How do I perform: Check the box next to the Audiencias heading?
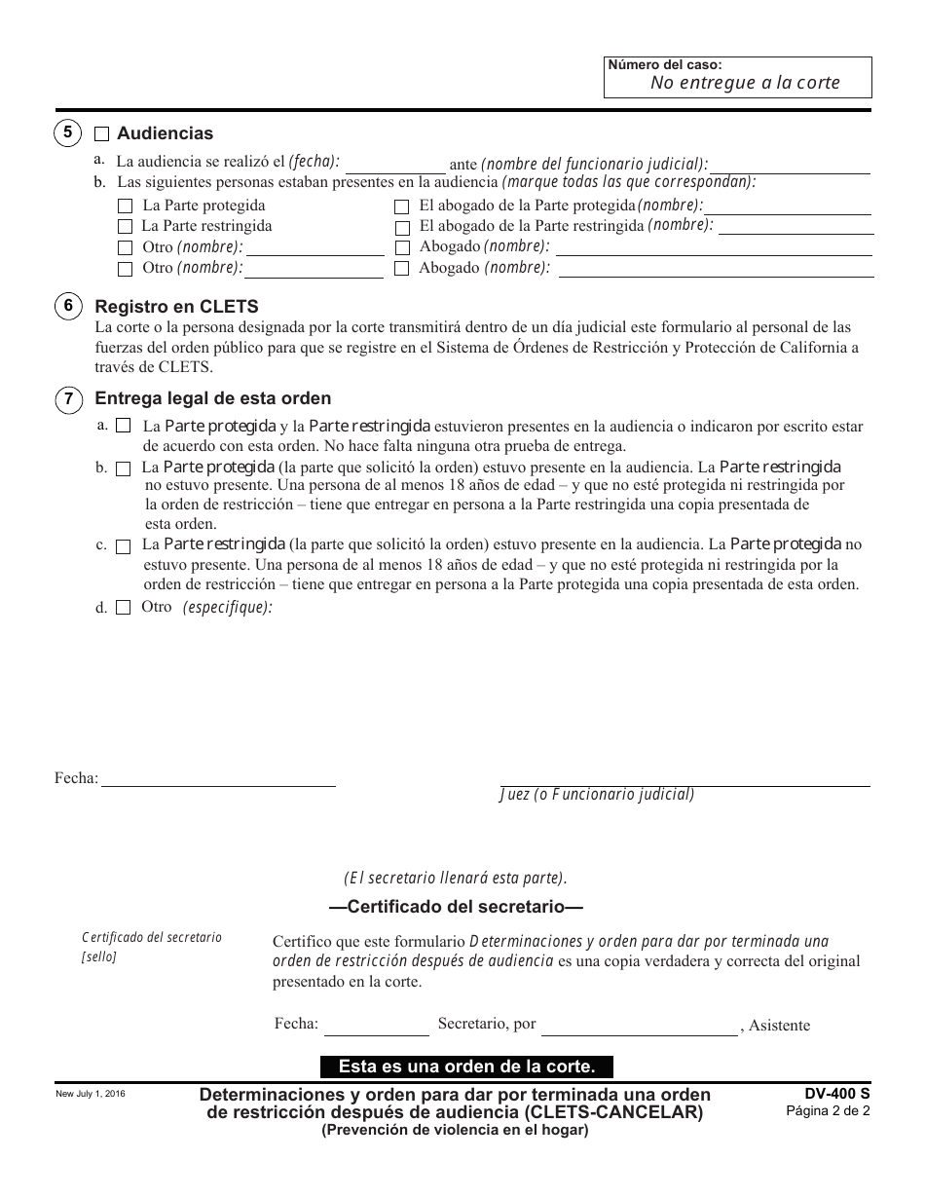coord(101,134)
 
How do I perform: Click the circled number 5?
coord(67,132)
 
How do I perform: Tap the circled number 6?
coord(67,306)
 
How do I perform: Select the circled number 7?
coord(67,398)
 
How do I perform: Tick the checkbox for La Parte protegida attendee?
coord(125,206)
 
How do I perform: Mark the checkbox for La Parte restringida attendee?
coord(125,226)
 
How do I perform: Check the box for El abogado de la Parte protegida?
coord(401,206)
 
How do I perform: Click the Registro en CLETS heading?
coord(175,306)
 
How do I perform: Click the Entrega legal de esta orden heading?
coord(212,398)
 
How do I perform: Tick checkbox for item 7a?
coord(123,426)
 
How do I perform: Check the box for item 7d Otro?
coord(123,608)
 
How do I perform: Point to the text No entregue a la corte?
coord(745,83)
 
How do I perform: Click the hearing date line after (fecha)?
coord(394,166)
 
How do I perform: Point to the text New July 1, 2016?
coord(91,1095)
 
